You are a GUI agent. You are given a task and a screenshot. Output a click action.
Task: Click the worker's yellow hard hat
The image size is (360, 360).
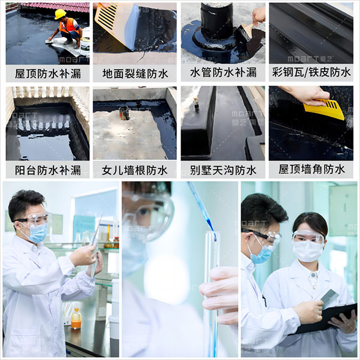[x=60, y=14]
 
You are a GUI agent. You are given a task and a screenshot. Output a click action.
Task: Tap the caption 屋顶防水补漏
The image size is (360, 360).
[x=48, y=74]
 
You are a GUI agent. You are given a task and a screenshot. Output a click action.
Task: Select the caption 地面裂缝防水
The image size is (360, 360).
[x=135, y=74]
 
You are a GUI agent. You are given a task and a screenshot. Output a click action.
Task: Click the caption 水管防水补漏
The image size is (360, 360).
[x=223, y=73]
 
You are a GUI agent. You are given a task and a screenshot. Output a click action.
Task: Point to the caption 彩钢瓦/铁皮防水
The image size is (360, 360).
[x=311, y=72]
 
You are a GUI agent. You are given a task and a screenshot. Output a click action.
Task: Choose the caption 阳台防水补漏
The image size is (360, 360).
[x=48, y=170]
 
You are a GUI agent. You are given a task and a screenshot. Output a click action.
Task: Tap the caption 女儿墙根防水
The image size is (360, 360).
[x=135, y=170]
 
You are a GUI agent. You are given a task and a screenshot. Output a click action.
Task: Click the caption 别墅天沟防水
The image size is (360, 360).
[x=223, y=170]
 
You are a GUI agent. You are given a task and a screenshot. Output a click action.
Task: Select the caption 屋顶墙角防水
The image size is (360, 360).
[x=311, y=169]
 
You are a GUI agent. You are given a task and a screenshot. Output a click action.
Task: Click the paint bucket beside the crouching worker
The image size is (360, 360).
[x=85, y=47]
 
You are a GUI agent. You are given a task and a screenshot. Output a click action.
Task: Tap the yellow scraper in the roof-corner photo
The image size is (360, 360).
[x=324, y=109]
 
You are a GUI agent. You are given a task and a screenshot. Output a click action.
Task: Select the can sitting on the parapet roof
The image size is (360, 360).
[x=124, y=113]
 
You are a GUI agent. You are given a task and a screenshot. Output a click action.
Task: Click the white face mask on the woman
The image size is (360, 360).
[x=308, y=251]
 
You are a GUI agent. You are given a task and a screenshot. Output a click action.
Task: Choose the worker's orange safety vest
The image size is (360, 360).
[x=68, y=25]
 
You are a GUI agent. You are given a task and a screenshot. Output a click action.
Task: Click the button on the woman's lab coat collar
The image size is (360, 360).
[x=313, y=274]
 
